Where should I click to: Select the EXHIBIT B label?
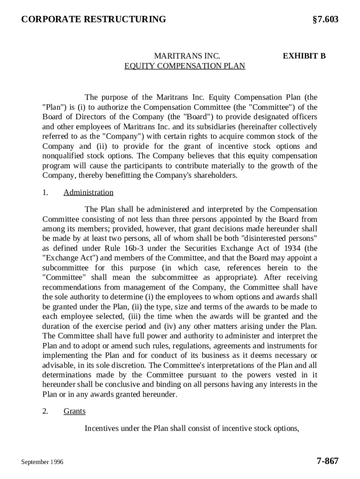[x=304, y=56]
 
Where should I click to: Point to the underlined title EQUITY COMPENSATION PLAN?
[x=185, y=66]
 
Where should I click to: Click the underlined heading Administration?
[x=88, y=192]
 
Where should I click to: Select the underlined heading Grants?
[x=74, y=411]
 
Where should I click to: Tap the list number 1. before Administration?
[x=45, y=192]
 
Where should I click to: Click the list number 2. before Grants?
[x=45, y=411]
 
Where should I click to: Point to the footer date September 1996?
[x=42, y=462]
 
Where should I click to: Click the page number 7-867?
[x=327, y=461]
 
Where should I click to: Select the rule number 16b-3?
[x=144, y=248]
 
